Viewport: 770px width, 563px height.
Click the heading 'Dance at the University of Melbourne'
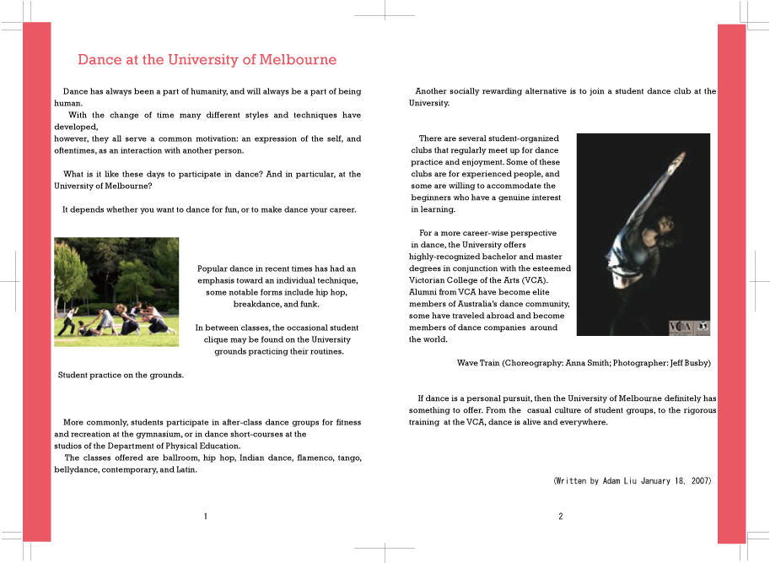point(207,60)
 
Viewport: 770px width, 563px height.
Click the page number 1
point(205,517)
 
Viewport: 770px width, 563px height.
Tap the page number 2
point(560,517)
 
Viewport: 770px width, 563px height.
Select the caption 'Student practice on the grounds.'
point(121,375)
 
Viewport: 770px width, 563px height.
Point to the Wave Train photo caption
point(584,363)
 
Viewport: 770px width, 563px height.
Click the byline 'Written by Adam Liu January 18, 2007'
point(632,481)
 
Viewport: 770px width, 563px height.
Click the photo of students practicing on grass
point(116,291)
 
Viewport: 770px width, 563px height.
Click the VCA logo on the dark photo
point(680,326)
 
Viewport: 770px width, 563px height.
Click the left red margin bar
point(37,279)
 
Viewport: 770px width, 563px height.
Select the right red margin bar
point(731,279)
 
